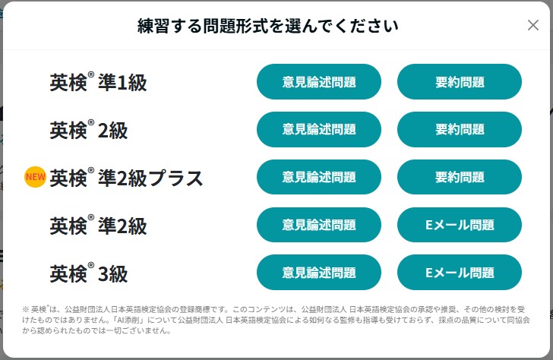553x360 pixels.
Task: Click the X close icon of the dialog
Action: [533, 25]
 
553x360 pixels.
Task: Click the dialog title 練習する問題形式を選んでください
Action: [267, 26]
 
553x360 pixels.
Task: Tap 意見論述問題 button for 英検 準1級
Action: [319, 82]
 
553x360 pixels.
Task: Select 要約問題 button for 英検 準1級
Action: [459, 82]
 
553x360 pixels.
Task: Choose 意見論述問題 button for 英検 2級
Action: [319, 129]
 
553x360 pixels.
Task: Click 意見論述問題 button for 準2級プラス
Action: [319, 177]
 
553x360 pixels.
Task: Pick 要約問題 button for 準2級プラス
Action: [459, 177]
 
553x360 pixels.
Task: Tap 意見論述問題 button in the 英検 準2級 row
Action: [319, 225]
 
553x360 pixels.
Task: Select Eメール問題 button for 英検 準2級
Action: [459, 225]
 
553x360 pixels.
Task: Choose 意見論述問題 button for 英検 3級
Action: [319, 272]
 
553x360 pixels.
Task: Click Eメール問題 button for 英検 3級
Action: [459, 272]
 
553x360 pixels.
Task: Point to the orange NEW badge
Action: [35, 177]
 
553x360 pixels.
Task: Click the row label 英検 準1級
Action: [99, 82]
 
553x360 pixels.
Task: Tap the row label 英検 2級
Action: [89, 130]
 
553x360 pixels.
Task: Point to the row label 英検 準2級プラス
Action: [126, 178]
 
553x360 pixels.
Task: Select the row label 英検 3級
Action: [89, 273]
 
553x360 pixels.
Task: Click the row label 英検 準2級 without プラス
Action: [99, 226]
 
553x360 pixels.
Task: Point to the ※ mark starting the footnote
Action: [25, 310]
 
